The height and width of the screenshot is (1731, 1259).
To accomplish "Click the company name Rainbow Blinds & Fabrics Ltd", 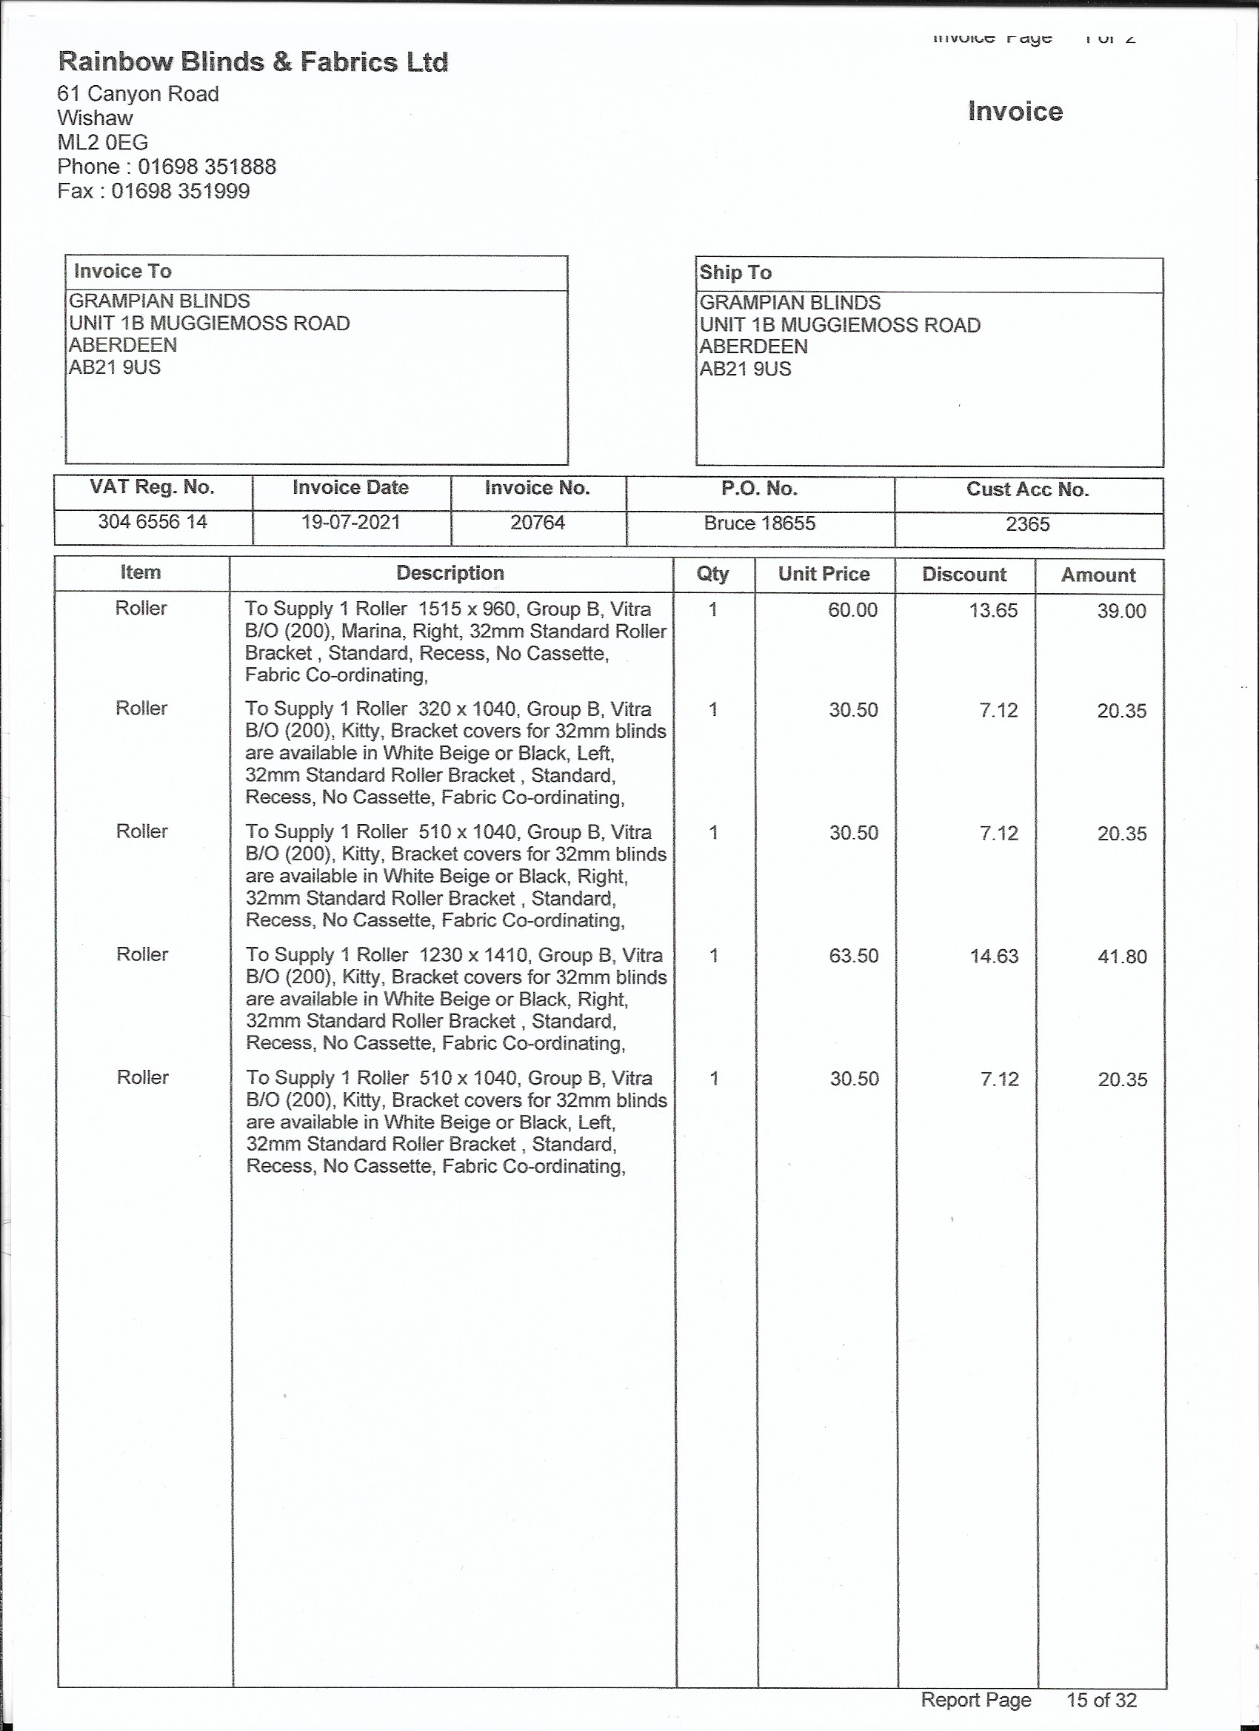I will coord(253,62).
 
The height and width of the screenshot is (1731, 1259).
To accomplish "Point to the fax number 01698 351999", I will coord(180,191).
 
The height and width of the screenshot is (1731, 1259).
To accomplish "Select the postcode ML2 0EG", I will coord(102,142).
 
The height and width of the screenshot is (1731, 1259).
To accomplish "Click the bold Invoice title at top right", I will coord(1015,112).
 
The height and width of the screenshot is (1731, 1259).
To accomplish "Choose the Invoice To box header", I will coord(122,272).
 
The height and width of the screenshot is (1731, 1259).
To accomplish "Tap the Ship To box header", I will coord(735,272).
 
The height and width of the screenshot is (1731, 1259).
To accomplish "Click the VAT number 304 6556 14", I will coord(153,522).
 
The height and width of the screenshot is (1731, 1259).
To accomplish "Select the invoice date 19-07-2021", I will coord(350,523).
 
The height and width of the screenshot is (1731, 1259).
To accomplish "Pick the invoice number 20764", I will coord(538,523).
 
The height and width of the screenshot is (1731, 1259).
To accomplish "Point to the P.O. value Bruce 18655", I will coord(759,523).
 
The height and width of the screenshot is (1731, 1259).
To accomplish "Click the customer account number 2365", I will coord(1027,524).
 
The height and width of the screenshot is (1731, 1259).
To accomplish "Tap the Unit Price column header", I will coord(824,574).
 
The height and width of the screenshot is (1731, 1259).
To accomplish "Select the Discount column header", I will coord(964,575).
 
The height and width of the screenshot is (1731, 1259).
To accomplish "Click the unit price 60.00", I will coord(853,610).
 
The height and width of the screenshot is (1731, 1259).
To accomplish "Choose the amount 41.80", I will coord(1121,957).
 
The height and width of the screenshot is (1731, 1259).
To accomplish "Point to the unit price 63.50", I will coord(854,956).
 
